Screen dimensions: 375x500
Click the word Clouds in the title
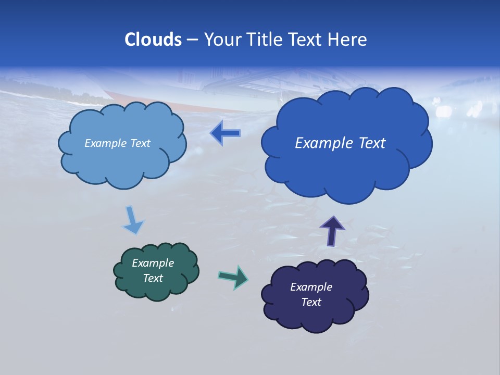tap(153, 40)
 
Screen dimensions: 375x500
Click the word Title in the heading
tap(263, 40)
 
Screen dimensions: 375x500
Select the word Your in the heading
tap(222, 40)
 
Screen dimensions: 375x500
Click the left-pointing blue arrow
tap(225, 134)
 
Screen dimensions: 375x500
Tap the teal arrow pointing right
tap(233, 277)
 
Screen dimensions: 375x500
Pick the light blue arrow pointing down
tap(133, 220)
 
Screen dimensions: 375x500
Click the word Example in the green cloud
tap(153, 263)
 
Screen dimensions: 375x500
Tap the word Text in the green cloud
tap(153, 278)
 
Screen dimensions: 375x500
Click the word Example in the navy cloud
tap(311, 287)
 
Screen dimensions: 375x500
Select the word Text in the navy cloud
tap(311, 302)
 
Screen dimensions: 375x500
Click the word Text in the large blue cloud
tap(371, 143)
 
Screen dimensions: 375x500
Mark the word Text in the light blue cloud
tap(140, 143)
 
